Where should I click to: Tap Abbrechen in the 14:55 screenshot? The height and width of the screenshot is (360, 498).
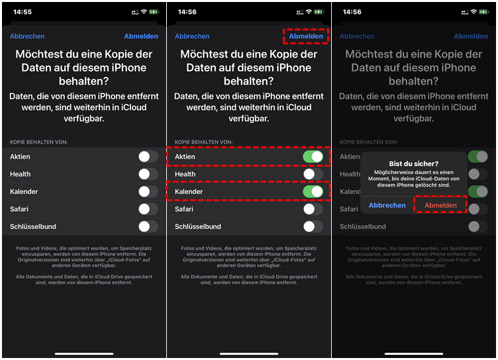coord(27,36)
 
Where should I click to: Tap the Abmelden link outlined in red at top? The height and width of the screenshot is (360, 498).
coord(306,36)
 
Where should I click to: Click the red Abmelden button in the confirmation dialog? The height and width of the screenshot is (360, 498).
coord(440,205)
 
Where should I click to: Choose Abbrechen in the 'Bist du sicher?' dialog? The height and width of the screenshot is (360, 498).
coord(387,205)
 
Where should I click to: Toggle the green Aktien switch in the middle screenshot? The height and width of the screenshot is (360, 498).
coord(313,157)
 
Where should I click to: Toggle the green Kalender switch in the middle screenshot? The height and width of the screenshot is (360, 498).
coord(313,191)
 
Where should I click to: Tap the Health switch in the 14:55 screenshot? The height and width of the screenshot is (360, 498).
coord(148,174)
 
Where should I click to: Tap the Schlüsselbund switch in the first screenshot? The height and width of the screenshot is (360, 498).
coord(148,226)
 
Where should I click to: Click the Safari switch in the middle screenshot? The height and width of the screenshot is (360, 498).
coord(313,209)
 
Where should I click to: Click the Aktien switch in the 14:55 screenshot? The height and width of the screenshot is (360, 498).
coord(148,157)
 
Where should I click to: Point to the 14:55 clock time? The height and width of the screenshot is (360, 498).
coord(23,12)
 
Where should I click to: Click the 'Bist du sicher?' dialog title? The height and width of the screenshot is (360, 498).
coord(413,164)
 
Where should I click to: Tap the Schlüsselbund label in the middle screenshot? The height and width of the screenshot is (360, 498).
coord(198,227)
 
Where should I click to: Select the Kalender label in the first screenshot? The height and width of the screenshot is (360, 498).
coord(24,192)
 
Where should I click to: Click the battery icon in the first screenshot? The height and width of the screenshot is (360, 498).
coord(154,12)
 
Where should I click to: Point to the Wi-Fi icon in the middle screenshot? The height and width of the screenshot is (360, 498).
coord(309,12)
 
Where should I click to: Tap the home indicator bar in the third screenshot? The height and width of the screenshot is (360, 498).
coord(413,353)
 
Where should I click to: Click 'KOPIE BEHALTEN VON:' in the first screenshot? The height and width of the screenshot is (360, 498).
coord(39,142)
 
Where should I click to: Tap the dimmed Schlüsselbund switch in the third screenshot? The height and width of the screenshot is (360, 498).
coord(477,226)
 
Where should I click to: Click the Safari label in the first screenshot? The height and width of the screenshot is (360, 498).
coord(19,209)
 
